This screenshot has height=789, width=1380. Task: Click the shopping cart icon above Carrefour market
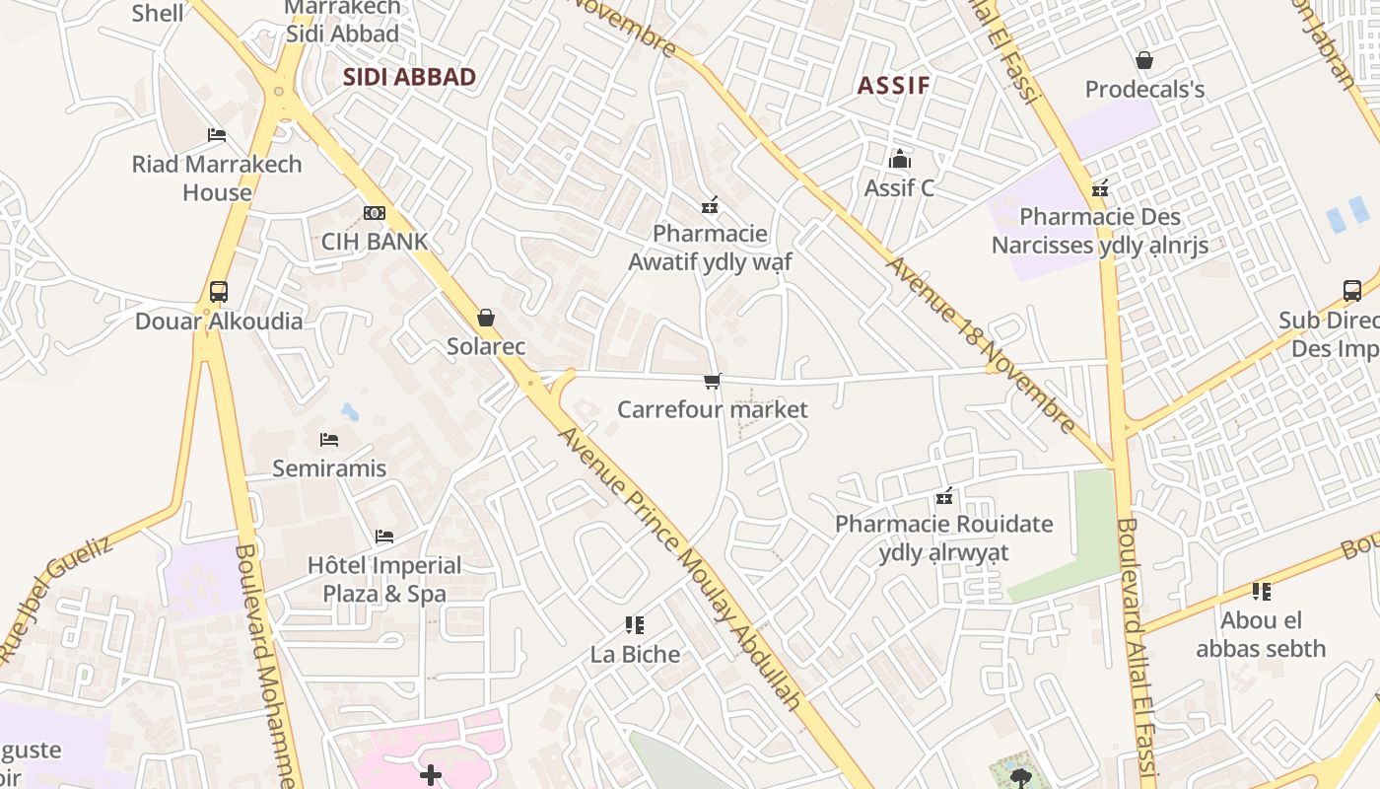713,381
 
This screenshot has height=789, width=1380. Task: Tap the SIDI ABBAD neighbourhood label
409,77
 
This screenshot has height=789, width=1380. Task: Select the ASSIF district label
893,85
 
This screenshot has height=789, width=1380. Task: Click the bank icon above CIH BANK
375,213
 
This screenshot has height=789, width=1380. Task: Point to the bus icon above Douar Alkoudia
219,292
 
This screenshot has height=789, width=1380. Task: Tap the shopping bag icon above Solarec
485,318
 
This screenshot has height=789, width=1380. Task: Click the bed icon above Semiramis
329,439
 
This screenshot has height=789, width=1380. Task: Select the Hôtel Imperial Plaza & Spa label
384,579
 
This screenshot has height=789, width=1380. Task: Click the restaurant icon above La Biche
635,625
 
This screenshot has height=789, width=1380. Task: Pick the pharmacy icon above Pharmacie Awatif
709,205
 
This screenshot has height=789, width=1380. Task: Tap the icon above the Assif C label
899,159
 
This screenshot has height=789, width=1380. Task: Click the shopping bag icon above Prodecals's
1144,61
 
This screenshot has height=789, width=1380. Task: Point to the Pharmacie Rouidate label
944,538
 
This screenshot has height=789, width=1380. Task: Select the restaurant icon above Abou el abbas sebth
1261,592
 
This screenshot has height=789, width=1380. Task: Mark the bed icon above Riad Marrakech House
217,135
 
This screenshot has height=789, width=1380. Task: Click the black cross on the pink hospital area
431,776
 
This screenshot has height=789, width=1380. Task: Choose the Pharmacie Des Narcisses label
1100,231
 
